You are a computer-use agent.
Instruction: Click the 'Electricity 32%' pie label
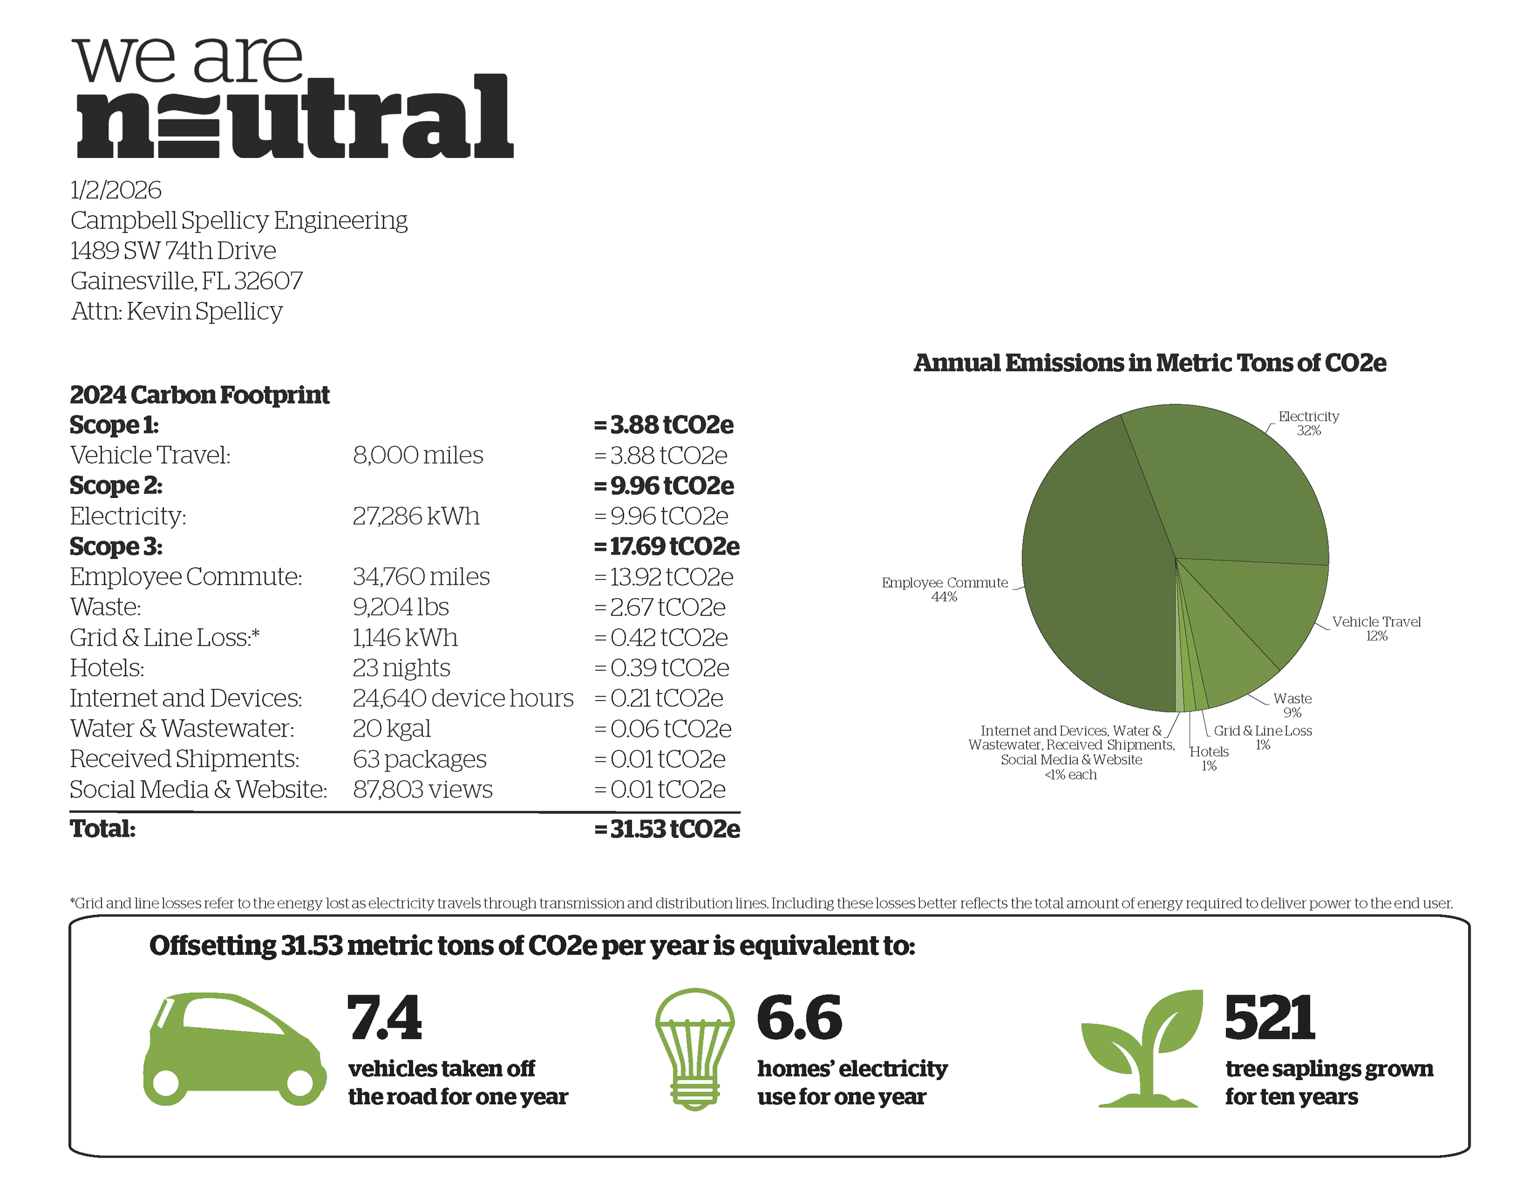pyautogui.click(x=1308, y=423)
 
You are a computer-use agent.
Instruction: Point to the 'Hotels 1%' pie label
pyautogui.click(x=1209, y=759)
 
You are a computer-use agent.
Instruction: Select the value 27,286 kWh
pyautogui.click(x=415, y=516)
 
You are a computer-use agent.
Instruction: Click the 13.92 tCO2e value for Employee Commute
pyautogui.click(x=663, y=577)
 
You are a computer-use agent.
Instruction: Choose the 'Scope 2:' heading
pyautogui.click(x=116, y=486)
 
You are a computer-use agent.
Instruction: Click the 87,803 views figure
pyautogui.click(x=422, y=789)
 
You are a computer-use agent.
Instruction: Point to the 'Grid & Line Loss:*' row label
pyautogui.click(x=165, y=637)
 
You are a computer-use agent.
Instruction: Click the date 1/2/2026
pyautogui.click(x=116, y=190)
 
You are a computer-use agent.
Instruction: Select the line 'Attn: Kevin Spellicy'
pyautogui.click(x=176, y=311)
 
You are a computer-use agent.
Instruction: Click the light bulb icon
pyautogui.click(x=695, y=1048)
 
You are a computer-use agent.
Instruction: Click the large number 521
pyautogui.click(x=1269, y=1018)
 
